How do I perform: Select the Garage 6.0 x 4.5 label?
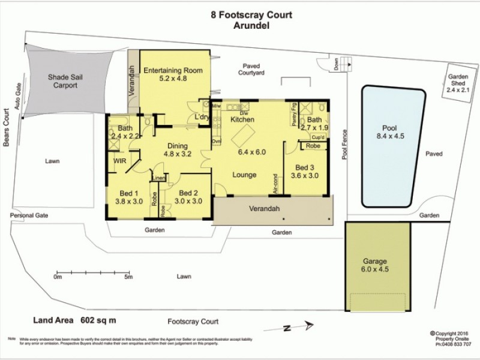pos(375,265)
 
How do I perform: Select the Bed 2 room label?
pos(188,197)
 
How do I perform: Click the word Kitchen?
pos(244,120)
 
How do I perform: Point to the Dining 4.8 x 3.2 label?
pos(178,149)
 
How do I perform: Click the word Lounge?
pos(244,175)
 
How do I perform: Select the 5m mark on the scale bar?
pos(128,277)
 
